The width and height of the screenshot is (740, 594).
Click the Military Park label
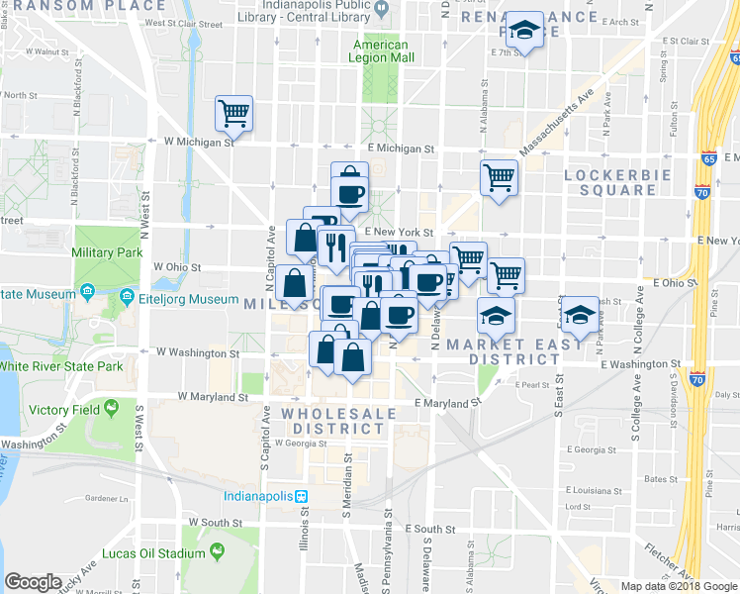click(x=107, y=253)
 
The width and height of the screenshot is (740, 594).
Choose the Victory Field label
click(x=62, y=409)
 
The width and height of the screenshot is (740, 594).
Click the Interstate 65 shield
click(x=707, y=157)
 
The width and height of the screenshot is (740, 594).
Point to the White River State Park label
click(x=61, y=366)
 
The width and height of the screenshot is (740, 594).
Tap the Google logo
click(x=34, y=582)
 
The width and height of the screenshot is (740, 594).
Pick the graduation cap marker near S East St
click(x=582, y=315)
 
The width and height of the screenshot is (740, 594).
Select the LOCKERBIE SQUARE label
click(x=616, y=182)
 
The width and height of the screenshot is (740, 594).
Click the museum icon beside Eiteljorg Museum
click(x=127, y=297)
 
